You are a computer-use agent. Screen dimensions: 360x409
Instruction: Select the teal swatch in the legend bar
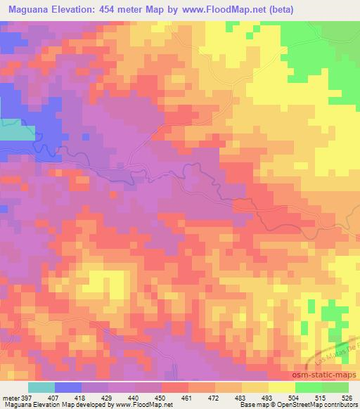point(41,387)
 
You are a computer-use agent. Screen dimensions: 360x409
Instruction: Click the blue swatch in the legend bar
point(68,387)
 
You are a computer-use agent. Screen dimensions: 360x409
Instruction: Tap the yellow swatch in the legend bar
point(282,387)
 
